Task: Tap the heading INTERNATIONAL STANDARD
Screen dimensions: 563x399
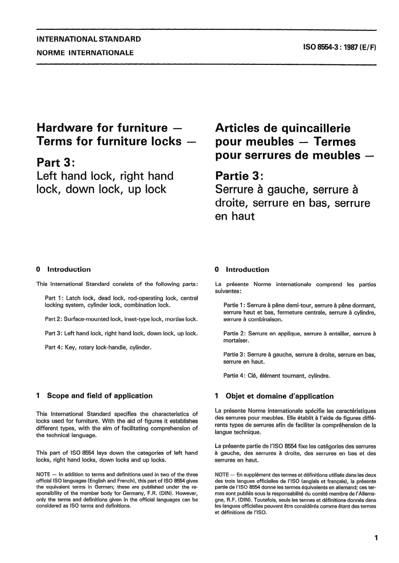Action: tap(89, 39)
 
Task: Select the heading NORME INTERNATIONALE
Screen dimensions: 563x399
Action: tap(85, 53)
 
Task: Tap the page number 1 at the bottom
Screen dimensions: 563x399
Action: tap(376, 537)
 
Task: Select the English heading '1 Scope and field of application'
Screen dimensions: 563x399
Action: tap(94, 396)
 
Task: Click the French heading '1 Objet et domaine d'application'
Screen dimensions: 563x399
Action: tap(274, 396)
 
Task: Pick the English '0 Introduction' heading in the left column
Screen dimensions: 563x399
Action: tap(64, 269)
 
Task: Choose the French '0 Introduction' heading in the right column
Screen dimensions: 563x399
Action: tap(242, 270)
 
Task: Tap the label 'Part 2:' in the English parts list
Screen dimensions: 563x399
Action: tap(53, 319)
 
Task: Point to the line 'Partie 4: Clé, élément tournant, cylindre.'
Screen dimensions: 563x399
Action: tap(277, 375)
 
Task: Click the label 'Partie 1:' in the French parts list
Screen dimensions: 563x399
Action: tap(234, 305)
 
